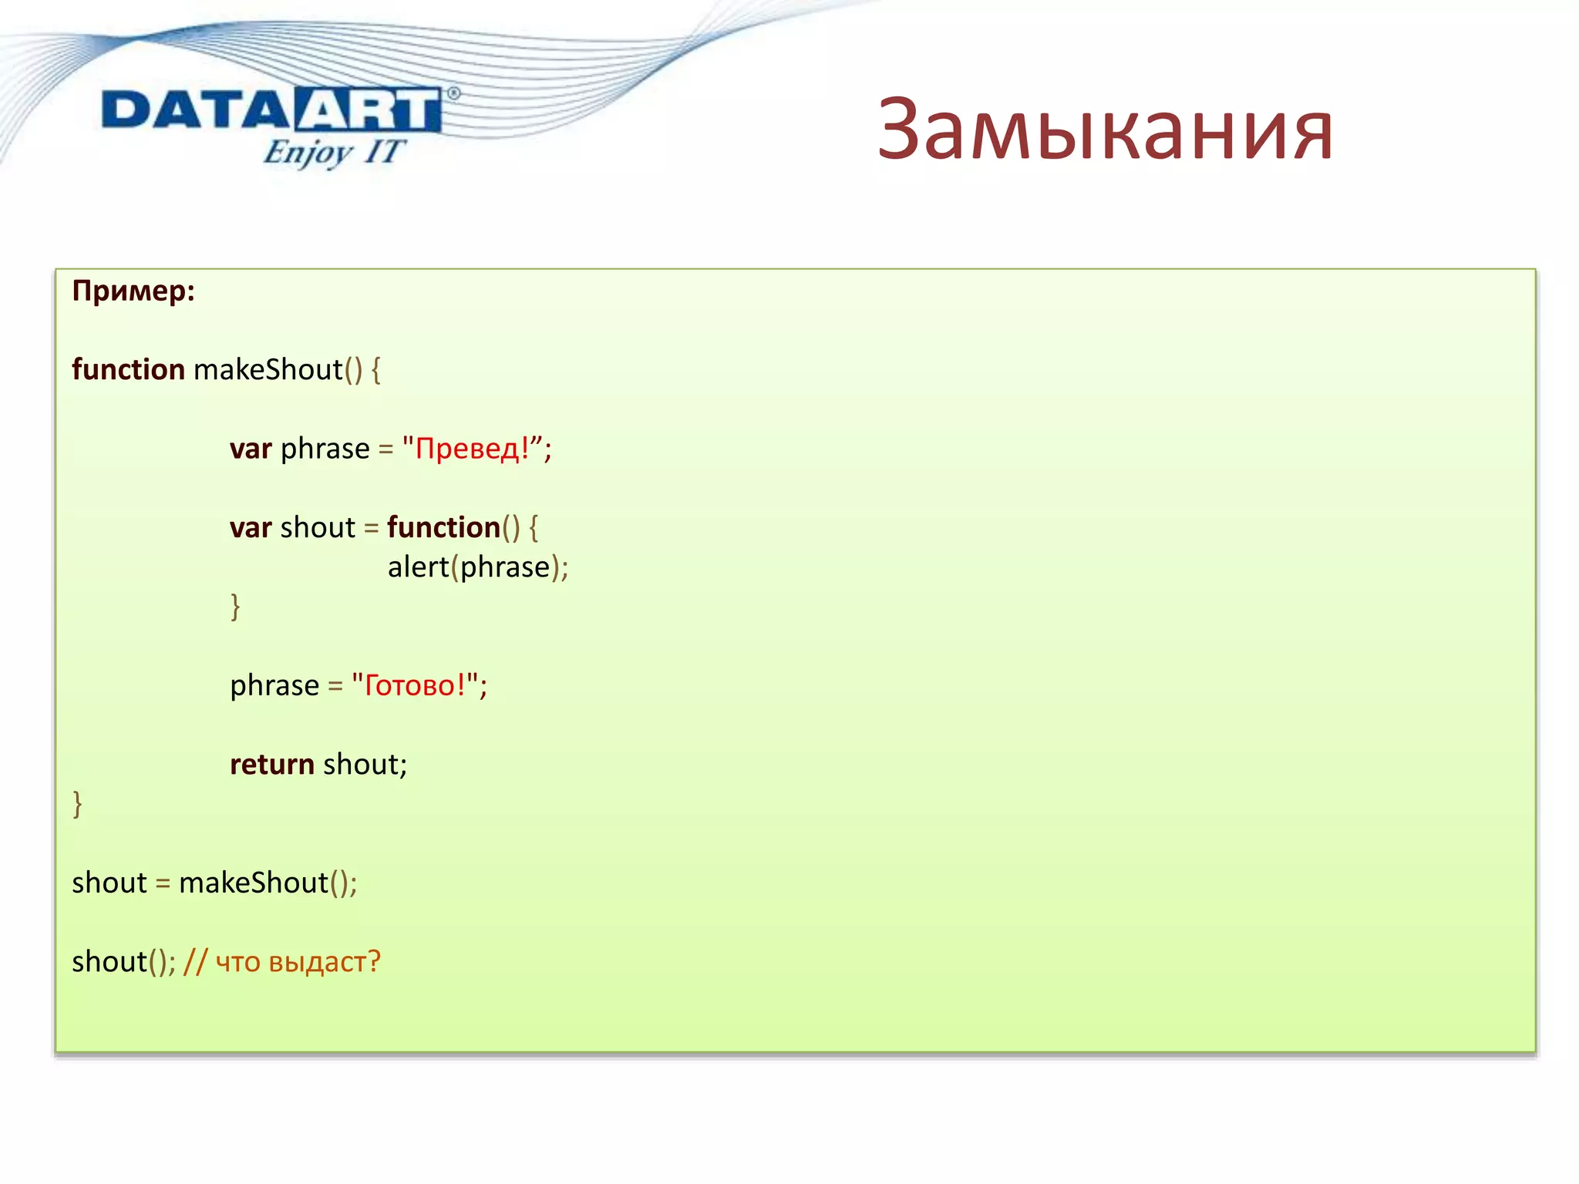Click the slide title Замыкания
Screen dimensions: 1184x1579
tap(1105, 129)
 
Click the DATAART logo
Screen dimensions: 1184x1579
tap(271, 110)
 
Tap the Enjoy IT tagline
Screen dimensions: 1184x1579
tap(333, 152)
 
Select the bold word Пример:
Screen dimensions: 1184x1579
tap(133, 291)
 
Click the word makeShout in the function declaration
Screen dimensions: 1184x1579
tap(268, 370)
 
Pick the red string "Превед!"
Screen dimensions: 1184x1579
tap(473, 449)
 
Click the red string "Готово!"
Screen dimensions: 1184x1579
tap(415, 685)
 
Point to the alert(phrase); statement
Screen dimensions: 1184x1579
tap(477, 567)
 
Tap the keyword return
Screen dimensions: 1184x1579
tap(272, 765)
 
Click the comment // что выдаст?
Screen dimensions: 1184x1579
tap(282, 962)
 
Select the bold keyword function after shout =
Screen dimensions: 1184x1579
tap(443, 528)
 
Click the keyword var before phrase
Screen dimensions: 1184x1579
tap(251, 449)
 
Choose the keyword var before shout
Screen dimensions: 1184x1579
tap(251, 528)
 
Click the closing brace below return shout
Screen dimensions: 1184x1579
tap(77, 804)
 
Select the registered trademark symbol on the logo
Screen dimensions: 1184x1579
tap(453, 93)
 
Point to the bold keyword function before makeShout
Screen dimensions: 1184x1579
tap(128, 370)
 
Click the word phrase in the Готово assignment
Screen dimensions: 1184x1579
tap(274, 685)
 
